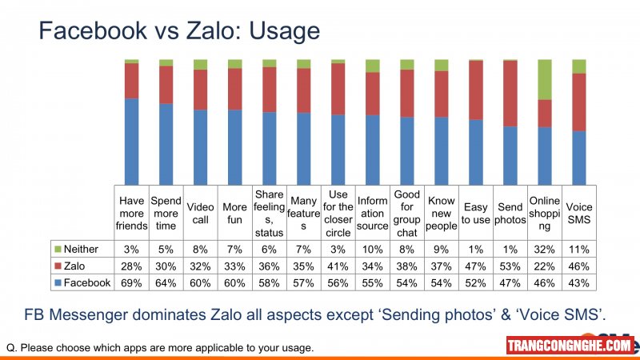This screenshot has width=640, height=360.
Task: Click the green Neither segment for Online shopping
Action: pyautogui.click(x=545, y=79)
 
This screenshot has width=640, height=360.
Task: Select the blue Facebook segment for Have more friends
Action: pyautogui.click(x=131, y=142)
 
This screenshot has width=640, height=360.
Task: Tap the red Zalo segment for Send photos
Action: pyautogui.click(x=510, y=94)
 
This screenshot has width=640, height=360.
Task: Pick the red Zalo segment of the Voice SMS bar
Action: pyautogui.click(x=578, y=102)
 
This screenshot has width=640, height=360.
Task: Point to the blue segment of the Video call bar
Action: pyautogui.click(x=201, y=147)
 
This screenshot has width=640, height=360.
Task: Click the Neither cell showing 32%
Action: pyautogui.click(x=545, y=249)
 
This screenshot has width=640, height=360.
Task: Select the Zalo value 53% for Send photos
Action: pyautogui.click(x=510, y=266)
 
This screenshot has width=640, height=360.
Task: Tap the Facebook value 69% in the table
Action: pyautogui.click(x=131, y=283)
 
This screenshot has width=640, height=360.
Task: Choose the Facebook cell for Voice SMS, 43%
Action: pyautogui.click(x=578, y=283)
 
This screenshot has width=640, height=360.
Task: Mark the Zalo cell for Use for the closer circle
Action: pyautogui.click(x=338, y=266)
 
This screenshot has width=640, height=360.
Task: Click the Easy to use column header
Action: pyautogui.click(x=476, y=213)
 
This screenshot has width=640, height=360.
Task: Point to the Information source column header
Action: pyautogui.click(x=372, y=213)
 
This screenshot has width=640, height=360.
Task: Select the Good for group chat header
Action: pyautogui.click(x=407, y=213)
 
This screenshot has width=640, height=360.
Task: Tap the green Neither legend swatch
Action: pyautogui.click(x=58, y=249)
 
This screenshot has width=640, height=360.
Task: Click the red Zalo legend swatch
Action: pyautogui.click(x=58, y=266)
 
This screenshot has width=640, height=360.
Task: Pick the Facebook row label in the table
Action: pyautogui.click(x=87, y=283)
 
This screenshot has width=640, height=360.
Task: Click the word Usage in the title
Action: pyautogui.click(x=285, y=31)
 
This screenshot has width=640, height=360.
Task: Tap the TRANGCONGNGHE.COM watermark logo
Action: pyautogui.click(x=570, y=346)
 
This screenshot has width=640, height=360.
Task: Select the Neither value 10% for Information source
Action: pyautogui.click(x=372, y=249)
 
